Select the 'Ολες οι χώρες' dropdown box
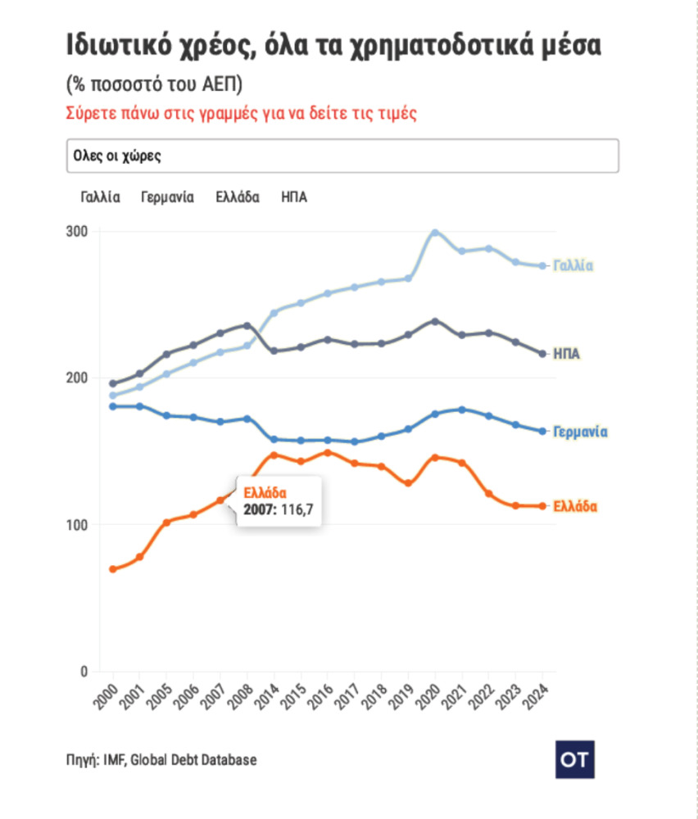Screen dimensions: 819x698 coord(342,156)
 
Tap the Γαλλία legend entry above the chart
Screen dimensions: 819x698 coord(101,197)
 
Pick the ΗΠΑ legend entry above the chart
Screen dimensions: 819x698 coord(294,197)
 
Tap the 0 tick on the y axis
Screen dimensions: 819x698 coord(84,672)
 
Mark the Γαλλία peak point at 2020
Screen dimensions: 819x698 coord(435,233)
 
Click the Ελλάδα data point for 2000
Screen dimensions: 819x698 coord(113,569)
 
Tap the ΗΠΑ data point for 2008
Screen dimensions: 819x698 coord(247,326)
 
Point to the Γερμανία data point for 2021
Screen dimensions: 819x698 coord(462,409)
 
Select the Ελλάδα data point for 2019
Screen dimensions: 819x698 coord(408,483)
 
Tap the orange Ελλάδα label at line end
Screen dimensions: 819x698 coord(575,507)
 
